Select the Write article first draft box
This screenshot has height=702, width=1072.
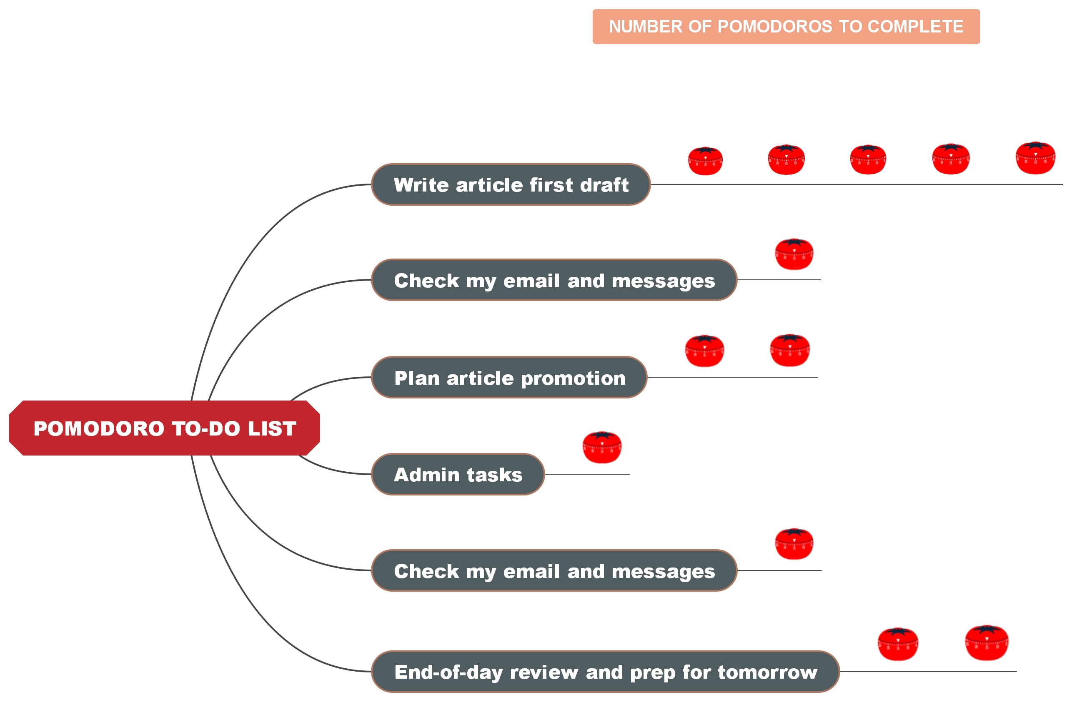pos(510,184)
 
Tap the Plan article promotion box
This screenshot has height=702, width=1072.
pos(509,378)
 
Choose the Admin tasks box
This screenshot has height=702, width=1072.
pos(458,474)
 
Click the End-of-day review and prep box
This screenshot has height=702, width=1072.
pos(605,672)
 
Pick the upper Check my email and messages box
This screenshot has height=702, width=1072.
pos(554,280)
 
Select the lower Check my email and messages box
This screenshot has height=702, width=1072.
pos(554,570)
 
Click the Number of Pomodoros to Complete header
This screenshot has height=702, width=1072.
pos(786,27)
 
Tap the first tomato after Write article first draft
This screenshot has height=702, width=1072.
pos(705,161)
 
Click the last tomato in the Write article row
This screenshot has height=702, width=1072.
pos(1035,158)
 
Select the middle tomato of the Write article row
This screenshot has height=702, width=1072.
pos(868,159)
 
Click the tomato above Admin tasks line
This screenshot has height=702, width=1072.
pos(602,447)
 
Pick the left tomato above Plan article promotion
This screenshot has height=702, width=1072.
pos(704,351)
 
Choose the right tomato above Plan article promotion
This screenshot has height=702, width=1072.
pos(789,350)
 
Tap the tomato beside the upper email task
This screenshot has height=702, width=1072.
pos(794,254)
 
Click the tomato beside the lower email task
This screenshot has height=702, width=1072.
pos(794,544)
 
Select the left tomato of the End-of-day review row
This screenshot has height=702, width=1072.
pos(898,644)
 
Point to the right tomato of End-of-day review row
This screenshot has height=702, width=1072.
pos(987,642)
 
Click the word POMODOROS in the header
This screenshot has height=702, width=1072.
pos(774,27)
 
